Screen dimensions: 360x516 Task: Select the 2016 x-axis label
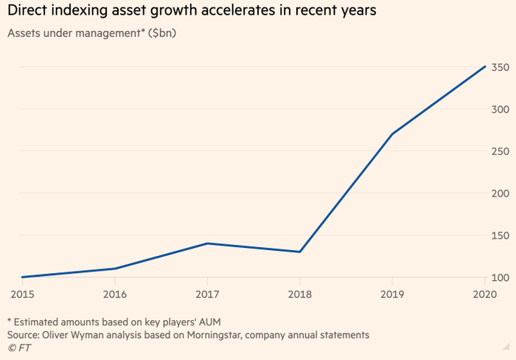pos(116,294)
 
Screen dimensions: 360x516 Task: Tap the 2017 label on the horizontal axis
pos(208,294)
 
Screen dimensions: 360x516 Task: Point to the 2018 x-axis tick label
pos(300,294)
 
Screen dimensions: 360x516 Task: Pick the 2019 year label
pos(392,294)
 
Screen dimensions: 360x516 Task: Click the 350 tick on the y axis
pos(501,68)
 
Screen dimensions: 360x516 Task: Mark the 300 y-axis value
pos(501,109)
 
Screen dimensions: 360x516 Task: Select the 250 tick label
pos(501,151)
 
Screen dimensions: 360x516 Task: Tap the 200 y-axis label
pos(501,193)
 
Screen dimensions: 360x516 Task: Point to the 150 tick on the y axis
pos(501,235)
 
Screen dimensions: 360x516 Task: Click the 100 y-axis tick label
pos(501,277)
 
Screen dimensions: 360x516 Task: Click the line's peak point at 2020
pos(485,66)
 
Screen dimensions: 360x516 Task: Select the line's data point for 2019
pos(392,134)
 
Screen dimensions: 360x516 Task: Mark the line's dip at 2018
pos(300,252)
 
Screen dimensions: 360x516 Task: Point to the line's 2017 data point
pos(208,243)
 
